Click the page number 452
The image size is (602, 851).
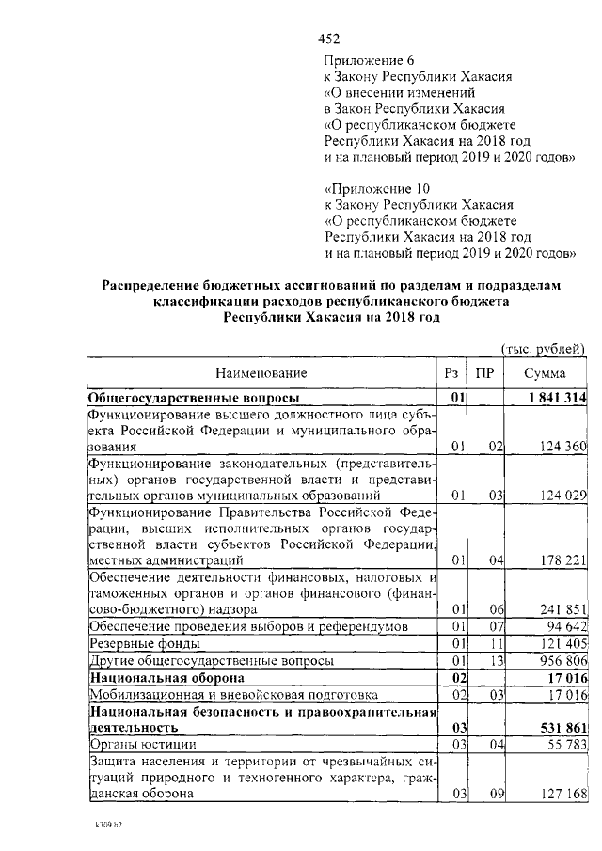point(328,39)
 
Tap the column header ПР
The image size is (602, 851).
point(484,373)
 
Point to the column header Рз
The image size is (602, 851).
point(451,373)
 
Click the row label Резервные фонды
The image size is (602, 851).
point(143,644)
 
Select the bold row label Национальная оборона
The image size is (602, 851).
point(166,678)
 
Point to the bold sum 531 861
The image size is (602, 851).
point(558,727)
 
